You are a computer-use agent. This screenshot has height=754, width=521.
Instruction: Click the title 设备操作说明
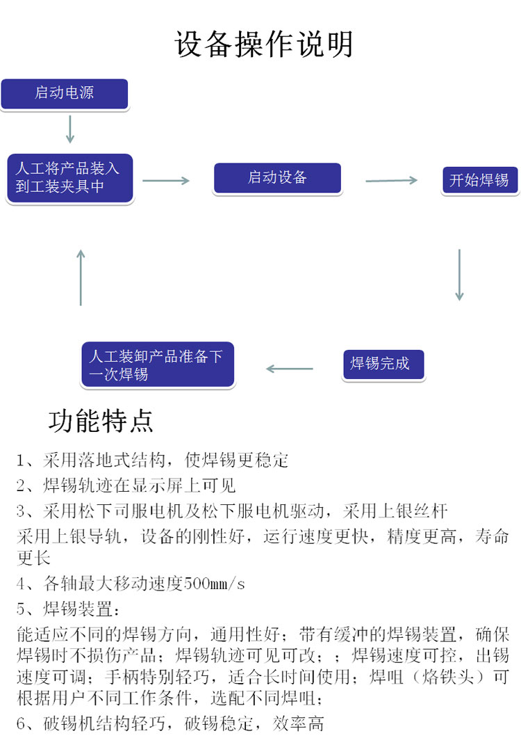click(x=263, y=45)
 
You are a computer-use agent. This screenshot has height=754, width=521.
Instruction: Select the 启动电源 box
click(x=65, y=94)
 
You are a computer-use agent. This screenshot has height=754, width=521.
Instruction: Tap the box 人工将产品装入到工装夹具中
click(x=69, y=178)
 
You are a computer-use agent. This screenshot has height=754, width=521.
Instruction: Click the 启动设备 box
click(x=277, y=178)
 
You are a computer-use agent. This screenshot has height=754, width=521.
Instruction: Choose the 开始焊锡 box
click(x=480, y=180)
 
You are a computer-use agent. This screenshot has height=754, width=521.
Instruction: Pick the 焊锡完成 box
click(x=383, y=364)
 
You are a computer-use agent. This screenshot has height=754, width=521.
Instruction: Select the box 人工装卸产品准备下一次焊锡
click(x=158, y=364)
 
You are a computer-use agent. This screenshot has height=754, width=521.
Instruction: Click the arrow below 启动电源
click(x=70, y=129)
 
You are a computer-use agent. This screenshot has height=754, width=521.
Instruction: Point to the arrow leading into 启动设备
click(x=166, y=181)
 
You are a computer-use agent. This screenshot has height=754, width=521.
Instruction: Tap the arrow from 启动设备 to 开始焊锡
click(x=391, y=180)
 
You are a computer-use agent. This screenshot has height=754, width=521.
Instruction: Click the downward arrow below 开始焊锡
click(x=460, y=275)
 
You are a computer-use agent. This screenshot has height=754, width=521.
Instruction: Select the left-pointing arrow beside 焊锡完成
click(x=290, y=369)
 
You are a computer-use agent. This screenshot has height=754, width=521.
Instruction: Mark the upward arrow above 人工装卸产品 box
click(x=81, y=278)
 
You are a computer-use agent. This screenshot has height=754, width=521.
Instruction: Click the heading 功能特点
click(x=101, y=421)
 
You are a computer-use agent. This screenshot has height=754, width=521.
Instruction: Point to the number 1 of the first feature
click(x=20, y=460)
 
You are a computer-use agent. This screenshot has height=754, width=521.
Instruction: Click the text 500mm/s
click(x=215, y=584)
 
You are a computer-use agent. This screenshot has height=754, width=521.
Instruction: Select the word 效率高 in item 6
click(x=299, y=723)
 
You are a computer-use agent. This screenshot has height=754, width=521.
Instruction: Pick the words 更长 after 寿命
click(x=33, y=558)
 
